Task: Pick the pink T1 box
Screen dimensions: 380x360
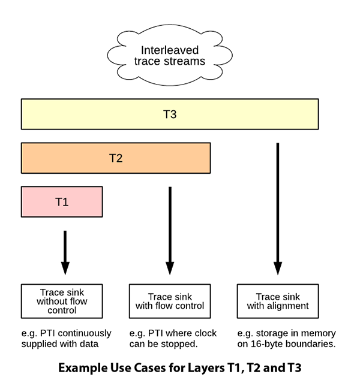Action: coord(62,202)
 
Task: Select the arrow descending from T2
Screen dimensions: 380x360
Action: coord(170,231)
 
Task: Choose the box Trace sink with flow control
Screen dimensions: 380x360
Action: coord(170,301)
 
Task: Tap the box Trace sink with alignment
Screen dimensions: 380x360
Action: coord(277,301)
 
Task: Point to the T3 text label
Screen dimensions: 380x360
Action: coord(170,114)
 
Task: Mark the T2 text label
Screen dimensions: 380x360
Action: coord(116,158)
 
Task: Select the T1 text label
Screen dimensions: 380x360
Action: coord(62,202)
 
